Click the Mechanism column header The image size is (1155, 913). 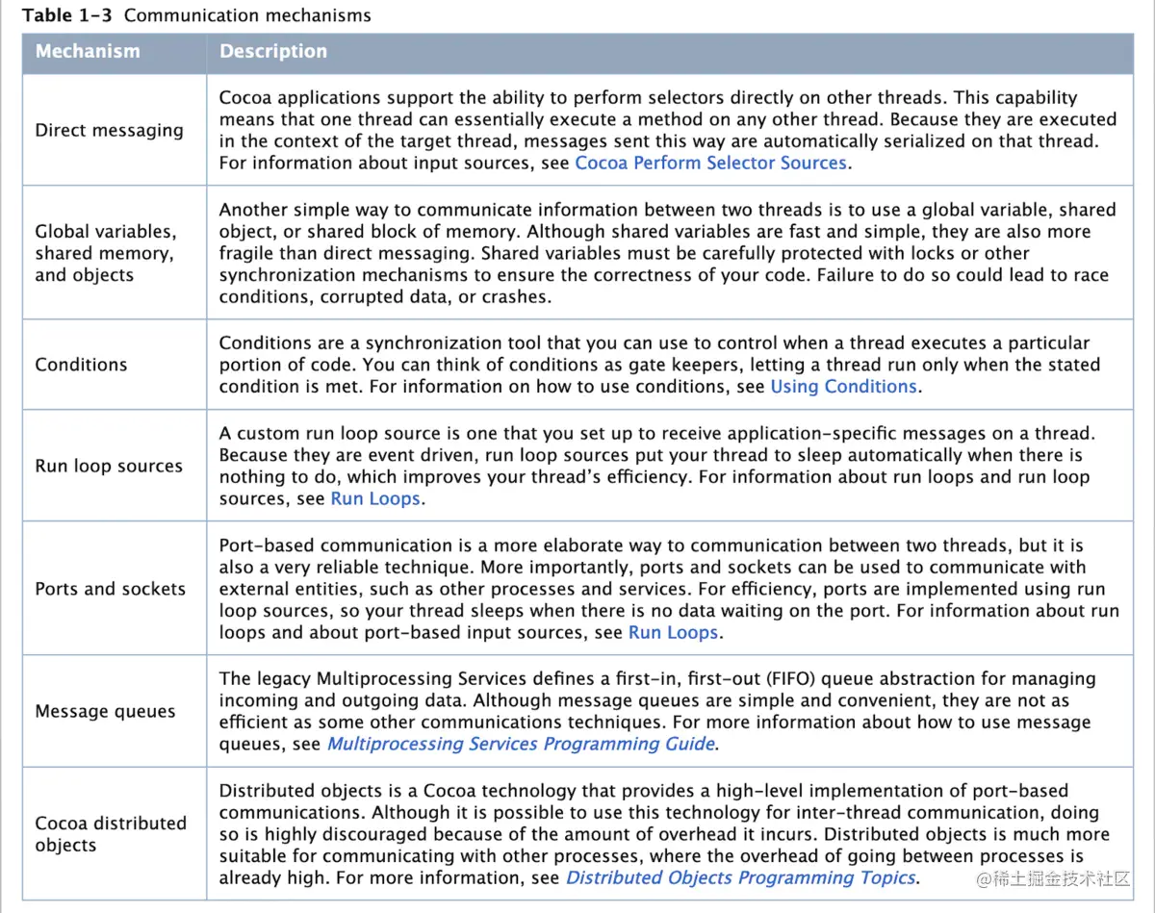[88, 52]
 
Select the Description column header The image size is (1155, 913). [273, 52]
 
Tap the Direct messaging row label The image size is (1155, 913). [109, 130]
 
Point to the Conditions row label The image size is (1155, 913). [81, 365]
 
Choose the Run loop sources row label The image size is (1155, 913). [109, 466]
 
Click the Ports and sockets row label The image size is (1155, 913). [111, 589]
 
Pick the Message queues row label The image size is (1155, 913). [105, 712]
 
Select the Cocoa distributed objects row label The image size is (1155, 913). [111, 834]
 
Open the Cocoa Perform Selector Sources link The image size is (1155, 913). [710, 164]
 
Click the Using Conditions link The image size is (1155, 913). [843, 387]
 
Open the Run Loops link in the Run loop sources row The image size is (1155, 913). [375, 499]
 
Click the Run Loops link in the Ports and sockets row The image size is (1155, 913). [673, 633]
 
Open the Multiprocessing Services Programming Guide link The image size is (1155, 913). [521, 744]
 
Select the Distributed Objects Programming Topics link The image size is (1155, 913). [741, 877]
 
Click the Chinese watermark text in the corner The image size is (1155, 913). [1052, 879]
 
